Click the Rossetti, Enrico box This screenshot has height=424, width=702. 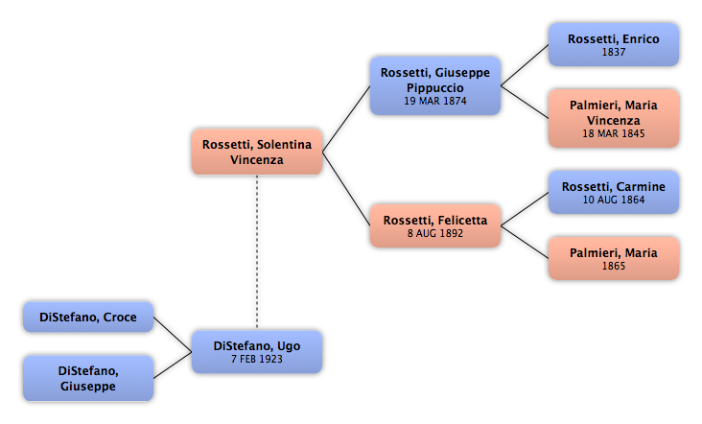(614, 45)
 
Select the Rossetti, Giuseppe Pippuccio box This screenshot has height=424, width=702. (435, 85)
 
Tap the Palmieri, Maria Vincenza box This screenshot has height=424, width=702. (614, 118)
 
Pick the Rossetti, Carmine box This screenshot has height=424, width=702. (614, 192)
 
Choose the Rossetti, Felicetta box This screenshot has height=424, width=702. (435, 225)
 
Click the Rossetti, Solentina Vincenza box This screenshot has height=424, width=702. (257, 152)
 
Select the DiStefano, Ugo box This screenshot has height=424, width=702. (257, 352)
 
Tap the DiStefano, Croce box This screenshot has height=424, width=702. (88, 317)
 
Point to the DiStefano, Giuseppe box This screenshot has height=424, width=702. (88, 378)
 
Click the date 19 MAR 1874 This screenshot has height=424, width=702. (435, 101)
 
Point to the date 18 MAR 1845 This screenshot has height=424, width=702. (614, 133)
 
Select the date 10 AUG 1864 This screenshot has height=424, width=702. (614, 200)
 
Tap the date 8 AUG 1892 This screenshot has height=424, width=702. (435, 233)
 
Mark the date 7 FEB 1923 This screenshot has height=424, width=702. (257, 359)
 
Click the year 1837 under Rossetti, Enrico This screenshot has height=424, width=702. (614, 53)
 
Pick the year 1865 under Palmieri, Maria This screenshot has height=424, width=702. (614, 266)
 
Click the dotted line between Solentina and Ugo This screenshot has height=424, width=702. (257, 251)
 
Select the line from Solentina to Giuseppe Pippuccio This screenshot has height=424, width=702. (346, 119)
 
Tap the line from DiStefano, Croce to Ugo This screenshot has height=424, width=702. (173, 335)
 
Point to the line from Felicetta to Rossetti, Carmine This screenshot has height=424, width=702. (525, 209)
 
